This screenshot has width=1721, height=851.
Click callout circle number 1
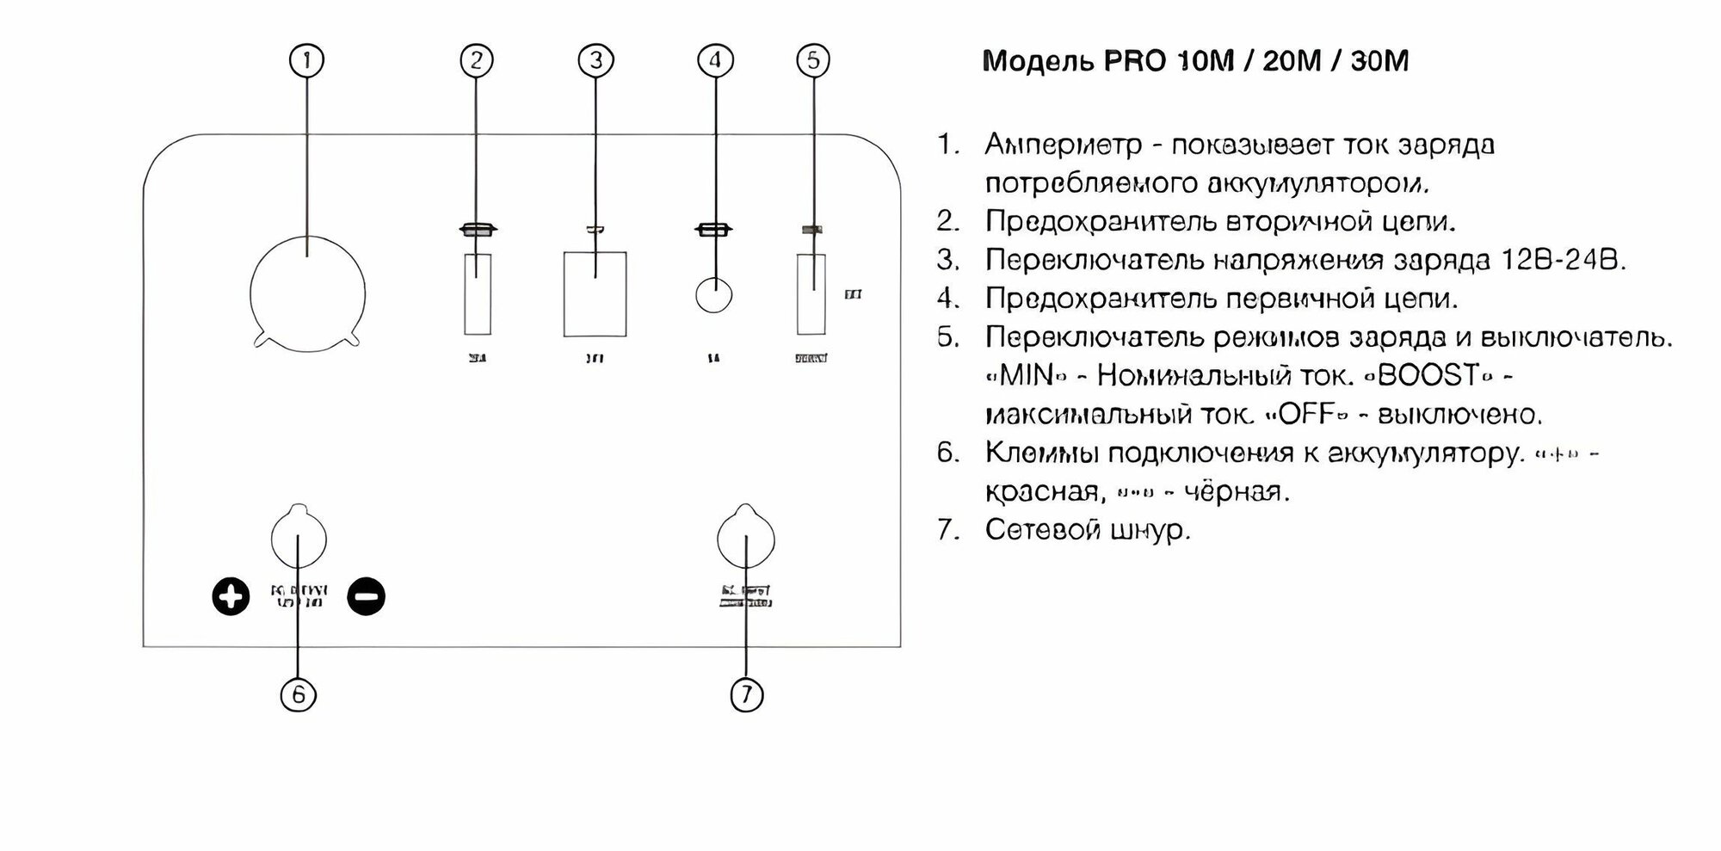pos(308,60)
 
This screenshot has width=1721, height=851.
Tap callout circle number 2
pos(477,60)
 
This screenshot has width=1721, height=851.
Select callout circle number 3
pos(595,60)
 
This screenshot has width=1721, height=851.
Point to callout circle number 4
pos(715,60)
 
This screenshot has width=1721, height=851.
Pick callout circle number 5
pos(813,60)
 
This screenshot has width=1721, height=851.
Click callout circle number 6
pos(299,694)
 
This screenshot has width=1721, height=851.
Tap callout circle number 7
pos(746,694)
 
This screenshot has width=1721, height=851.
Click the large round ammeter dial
pos(307,294)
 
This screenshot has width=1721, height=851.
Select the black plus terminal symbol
pos(231,596)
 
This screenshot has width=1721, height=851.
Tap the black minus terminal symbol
pos(366,596)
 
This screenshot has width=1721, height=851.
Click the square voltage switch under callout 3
pos(595,294)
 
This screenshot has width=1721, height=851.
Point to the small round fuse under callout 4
pos(713,295)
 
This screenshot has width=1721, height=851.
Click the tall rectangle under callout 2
pos(478,294)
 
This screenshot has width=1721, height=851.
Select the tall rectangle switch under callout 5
pos(811,294)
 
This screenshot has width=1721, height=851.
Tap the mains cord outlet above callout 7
pos(745,538)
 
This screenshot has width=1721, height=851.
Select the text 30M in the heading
pos(1379,61)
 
